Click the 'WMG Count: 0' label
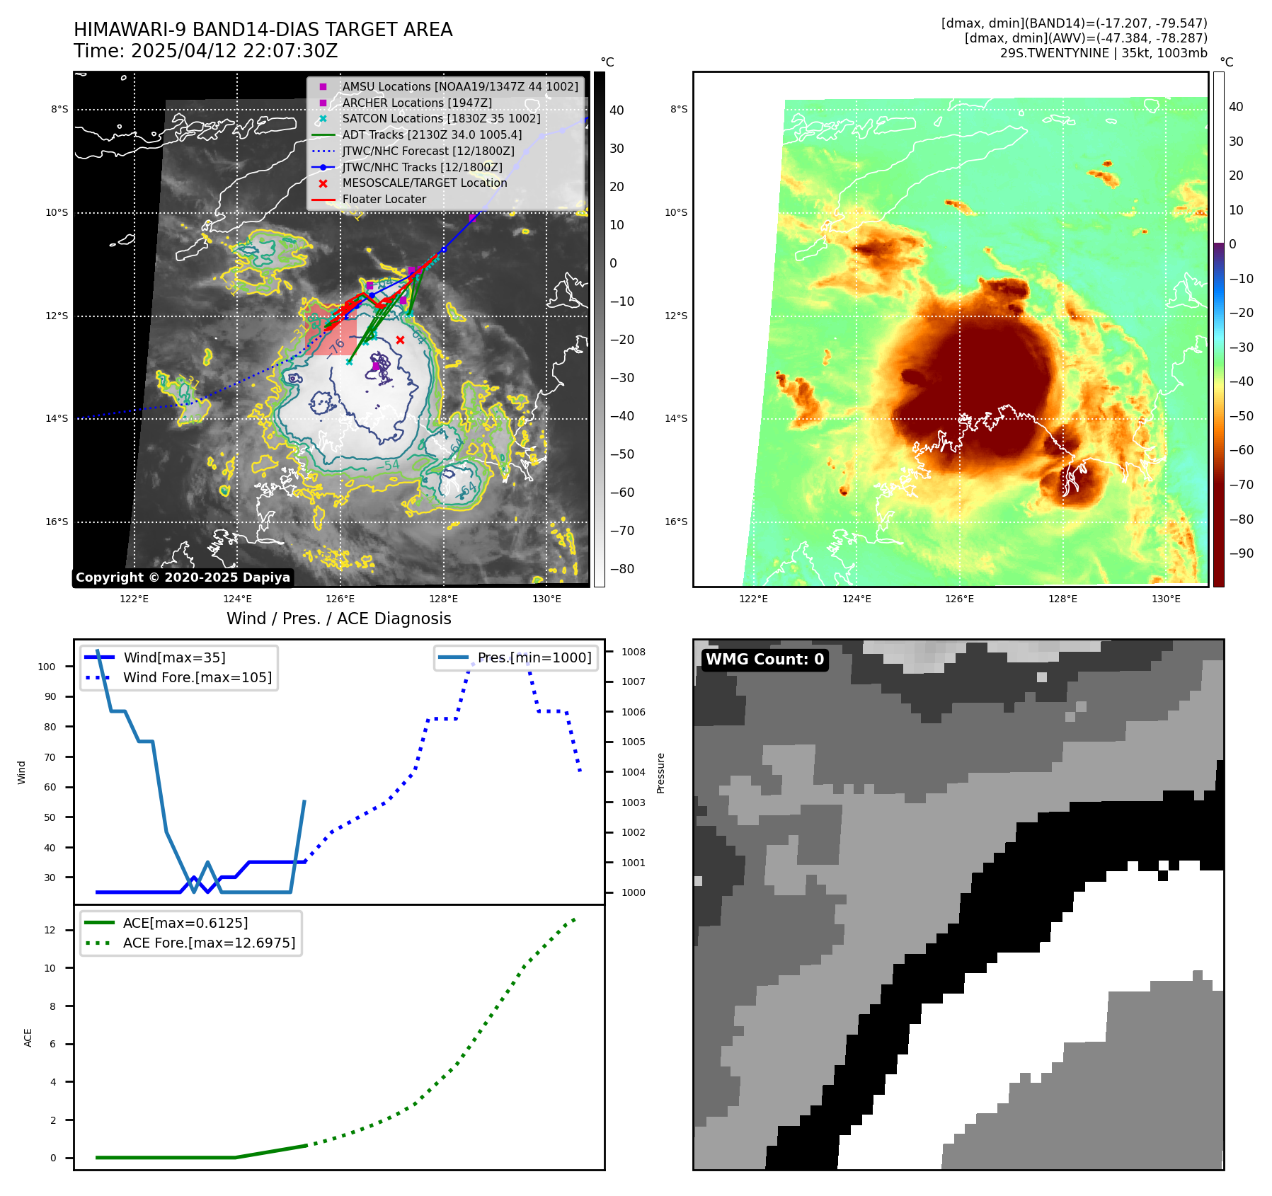pos(764,660)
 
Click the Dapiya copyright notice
pos(183,577)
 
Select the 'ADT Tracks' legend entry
pos(432,134)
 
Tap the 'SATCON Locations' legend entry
pos(441,118)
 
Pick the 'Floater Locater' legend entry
pos(384,199)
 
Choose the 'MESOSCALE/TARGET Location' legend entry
pos(425,183)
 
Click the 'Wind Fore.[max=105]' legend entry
pos(197,677)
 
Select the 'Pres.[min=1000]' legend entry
pos(534,657)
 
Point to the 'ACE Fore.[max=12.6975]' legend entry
pos(209,943)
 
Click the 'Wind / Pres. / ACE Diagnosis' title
pos(338,619)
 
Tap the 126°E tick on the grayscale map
pos(340,599)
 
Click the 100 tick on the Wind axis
pos(47,667)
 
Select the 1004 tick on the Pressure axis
pos(634,772)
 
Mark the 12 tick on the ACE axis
pos(50,930)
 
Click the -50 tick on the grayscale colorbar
pos(622,454)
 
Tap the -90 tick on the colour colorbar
pos(1241,553)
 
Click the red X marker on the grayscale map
pos(400,340)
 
